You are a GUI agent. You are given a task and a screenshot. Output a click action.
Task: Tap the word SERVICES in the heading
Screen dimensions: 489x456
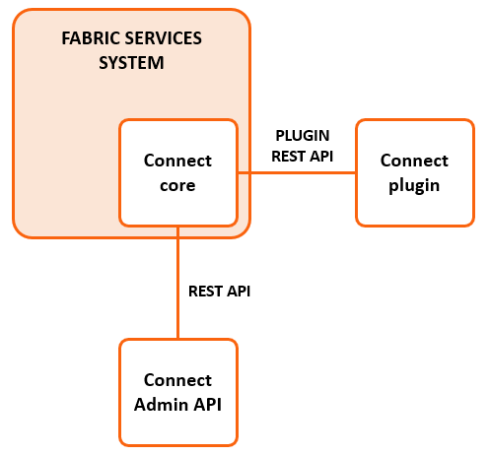click(160, 38)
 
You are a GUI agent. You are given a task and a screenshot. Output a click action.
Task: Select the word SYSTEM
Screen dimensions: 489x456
click(131, 63)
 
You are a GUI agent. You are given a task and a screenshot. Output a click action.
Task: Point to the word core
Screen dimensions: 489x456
click(177, 186)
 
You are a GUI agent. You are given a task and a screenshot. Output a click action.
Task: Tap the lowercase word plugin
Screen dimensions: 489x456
click(414, 186)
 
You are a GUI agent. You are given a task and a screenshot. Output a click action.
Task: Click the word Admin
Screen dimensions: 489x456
click(161, 405)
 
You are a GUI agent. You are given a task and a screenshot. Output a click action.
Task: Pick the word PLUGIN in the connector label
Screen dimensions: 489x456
click(303, 136)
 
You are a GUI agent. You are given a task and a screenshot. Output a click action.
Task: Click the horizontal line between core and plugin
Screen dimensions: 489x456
click(297, 172)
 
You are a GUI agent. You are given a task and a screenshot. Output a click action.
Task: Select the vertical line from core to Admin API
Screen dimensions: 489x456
click(178, 283)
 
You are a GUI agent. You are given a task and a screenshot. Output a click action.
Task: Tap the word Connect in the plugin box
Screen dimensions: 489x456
click(414, 161)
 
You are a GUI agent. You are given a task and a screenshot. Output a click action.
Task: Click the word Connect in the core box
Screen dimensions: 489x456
click(177, 161)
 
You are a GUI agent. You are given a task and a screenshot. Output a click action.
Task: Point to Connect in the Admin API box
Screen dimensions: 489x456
click(177, 380)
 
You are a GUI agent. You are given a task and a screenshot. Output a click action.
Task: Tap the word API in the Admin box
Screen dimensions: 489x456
click(207, 405)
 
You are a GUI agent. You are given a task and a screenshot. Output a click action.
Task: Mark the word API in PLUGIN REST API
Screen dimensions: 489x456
click(321, 157)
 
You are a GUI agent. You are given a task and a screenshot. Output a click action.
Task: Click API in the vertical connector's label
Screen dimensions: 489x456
click(239, 292)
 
